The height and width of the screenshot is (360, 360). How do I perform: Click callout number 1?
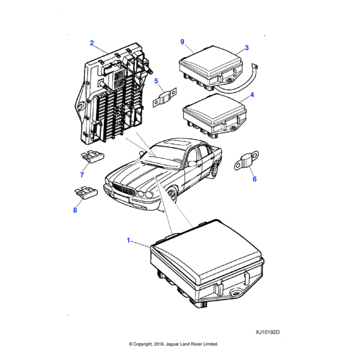coord(128,240)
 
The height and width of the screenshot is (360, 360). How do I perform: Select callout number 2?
coord(92,43)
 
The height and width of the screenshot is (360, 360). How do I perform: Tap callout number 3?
coord(247,47)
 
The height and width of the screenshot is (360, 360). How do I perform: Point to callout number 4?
coord(252,95)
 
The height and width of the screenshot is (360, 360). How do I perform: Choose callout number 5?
coord(156,81)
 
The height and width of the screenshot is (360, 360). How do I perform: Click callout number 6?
coord(254,179)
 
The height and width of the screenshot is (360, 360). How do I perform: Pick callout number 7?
coord(82,175)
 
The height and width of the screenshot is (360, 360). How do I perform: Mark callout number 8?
coord(75,210)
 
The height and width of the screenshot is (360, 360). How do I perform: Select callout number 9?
coord(182,41)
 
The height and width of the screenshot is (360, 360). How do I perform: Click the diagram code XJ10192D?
coord(268,331)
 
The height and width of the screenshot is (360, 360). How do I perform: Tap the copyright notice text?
coord(173,344)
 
